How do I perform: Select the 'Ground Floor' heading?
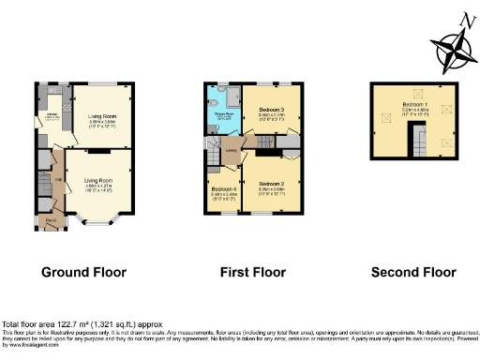point(83,273)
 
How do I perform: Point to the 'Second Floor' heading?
point(413,273)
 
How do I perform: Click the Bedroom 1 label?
point(414,103)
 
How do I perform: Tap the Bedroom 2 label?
point(272,182)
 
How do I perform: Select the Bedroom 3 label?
point(272,111)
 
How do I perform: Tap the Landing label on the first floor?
point(231,148)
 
